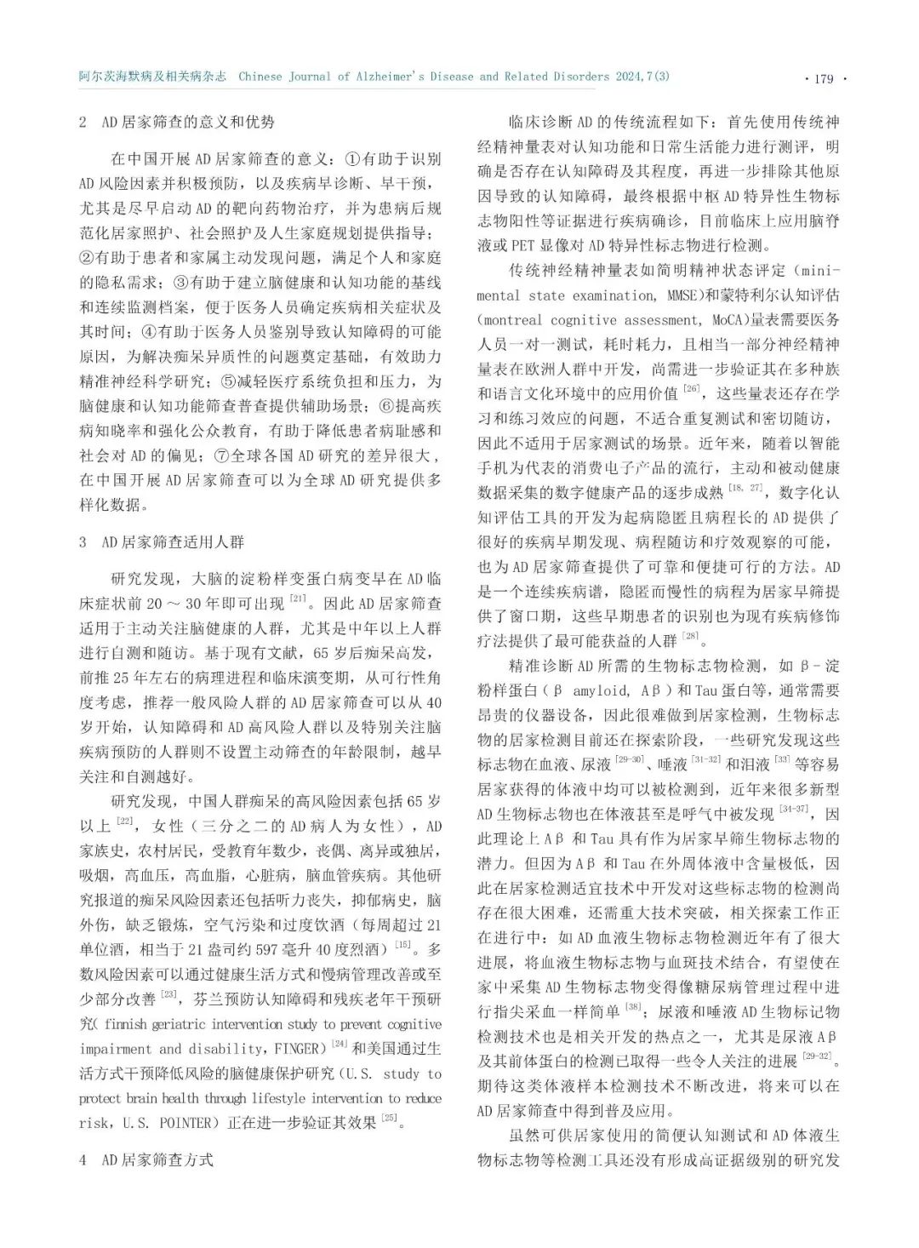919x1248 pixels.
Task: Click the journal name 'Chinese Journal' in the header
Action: (288, 77)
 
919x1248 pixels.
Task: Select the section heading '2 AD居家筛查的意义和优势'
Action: (177, 122)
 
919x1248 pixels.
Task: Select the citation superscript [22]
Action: (125, 821)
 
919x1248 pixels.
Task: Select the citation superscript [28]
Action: (690, 636)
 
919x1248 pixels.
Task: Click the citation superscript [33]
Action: (782, 759)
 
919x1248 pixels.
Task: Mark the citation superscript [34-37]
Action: (795, 809)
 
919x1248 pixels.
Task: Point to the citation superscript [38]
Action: (633, 1007)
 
